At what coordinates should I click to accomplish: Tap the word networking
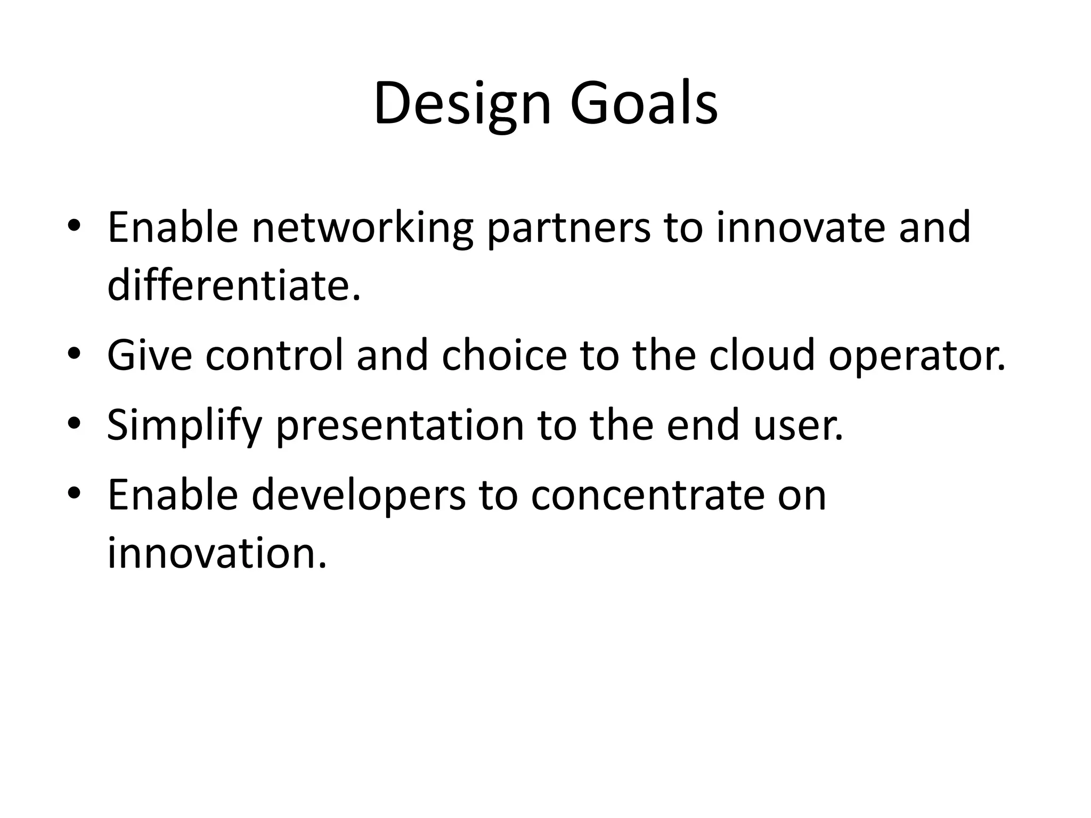362,228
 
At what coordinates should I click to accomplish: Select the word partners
568,228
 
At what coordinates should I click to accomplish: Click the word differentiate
233,285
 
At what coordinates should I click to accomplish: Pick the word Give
150,356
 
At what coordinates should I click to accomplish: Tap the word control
274,356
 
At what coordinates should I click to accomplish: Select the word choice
504,356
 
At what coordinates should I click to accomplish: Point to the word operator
917,356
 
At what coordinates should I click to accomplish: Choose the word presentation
400,425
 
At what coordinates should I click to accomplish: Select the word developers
358,495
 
